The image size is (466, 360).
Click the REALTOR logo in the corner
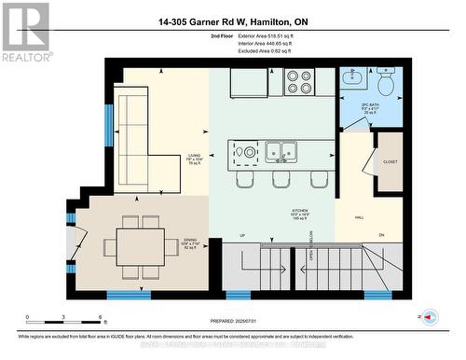click(25, 31)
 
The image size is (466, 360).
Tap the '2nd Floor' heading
click(223, 35)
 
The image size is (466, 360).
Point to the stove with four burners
click(299, 82)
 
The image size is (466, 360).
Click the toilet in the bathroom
click(386, 85)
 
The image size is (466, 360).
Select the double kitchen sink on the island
click(280, 150)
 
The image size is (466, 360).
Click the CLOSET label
click(390, 161)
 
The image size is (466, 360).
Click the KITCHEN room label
click(298, 211)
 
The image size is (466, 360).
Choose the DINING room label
click(189, 242)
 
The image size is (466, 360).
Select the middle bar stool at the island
click(281, 179)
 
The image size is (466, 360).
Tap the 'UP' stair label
click(241, 235)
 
